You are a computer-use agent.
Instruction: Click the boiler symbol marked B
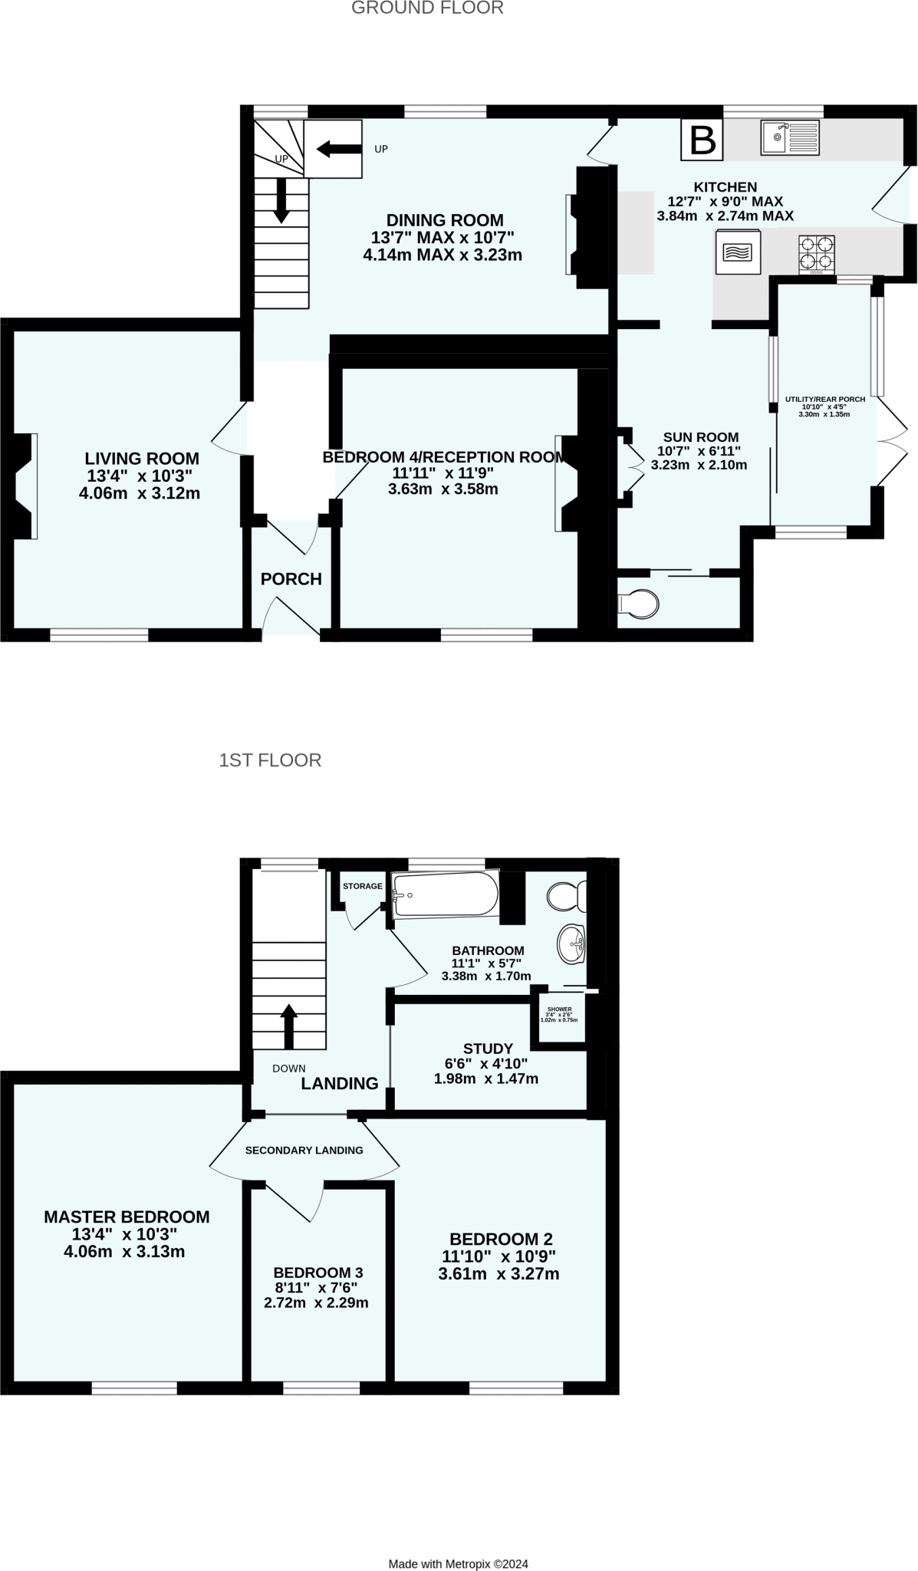click(702, 140)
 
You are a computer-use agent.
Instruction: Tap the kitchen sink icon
click(789, 137)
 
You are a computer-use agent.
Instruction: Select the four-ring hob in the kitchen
click(816, 254)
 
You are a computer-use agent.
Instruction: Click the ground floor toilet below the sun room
click(637, 603)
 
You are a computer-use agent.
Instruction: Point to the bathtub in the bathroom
click(445, 894)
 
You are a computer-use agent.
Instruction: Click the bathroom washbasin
click(572, 944)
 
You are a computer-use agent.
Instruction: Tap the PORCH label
click(291, 579)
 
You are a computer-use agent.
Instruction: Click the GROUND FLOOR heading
click(427, 8)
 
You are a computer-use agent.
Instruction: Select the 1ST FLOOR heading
click(270, 760)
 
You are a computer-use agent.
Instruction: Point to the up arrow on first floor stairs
click(289, 1026)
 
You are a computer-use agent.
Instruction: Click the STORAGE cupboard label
click(362, 886)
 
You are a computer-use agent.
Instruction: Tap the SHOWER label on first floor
click(560, 1009)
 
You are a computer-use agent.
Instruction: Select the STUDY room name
click(488, 1048)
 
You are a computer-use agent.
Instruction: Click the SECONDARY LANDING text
click(304, 1150)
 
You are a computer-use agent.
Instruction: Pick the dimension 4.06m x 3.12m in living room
click(140, 493)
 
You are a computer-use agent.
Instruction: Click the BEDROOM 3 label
click(318, 1272)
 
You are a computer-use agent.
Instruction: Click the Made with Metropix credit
click(458, 1563)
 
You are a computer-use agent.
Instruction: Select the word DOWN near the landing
click(289, 1068)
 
